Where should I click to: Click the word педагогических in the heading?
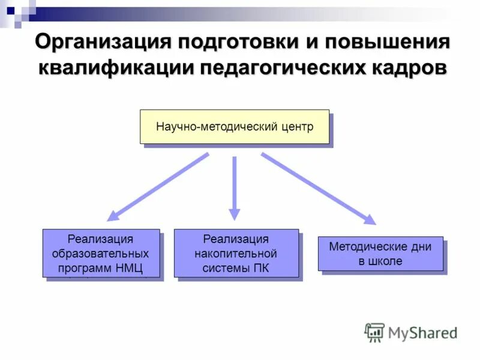point(281,67)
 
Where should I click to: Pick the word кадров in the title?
point(405,67)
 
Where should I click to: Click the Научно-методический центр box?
point(235,127)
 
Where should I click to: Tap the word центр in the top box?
point(296,127)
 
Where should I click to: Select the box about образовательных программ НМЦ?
point(101,253)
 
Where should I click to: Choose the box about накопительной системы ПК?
point(236,253)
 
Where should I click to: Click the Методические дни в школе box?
point(380,253)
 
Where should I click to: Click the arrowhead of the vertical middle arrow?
point(235,214)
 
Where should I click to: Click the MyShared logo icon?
point(374,332)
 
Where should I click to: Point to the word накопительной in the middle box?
point(236,253)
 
